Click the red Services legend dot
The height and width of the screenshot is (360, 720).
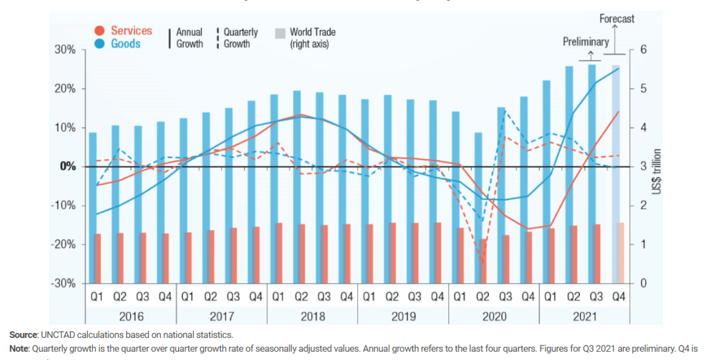[x=99, y=31]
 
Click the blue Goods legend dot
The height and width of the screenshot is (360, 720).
[x=99, y=44]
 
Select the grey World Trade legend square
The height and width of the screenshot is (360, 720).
[x=280, y=33]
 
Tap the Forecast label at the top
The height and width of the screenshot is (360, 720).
[x=617, y=19]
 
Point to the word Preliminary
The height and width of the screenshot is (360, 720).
[x=586, y=42]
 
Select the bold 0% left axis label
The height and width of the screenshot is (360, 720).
[x=67, y=167]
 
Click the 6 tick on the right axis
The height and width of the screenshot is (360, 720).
[x=643, y=50]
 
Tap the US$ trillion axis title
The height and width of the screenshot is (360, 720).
[x=657, y=171]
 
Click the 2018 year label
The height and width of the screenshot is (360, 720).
[x=312, y=316]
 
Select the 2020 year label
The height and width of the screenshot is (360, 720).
[x=494, y=316]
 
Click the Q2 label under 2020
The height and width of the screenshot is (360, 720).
[x=483, y=296]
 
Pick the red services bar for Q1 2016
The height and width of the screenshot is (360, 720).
[x=97, y=258]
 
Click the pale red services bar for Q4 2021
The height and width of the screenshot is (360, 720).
[x=620, y=253]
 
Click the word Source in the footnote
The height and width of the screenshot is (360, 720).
[x=23, y=335]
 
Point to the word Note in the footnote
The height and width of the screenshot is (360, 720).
[x=19, y=349]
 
